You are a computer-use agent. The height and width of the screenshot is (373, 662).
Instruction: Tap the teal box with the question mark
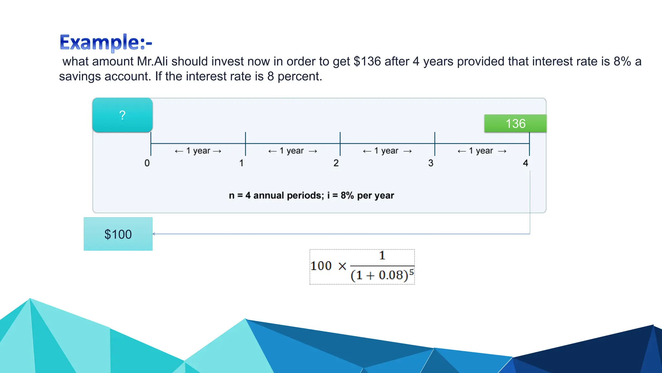(x=122, y=115)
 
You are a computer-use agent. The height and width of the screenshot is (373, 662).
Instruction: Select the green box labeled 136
(x=515, y=123)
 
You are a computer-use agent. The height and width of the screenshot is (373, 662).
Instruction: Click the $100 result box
(x=118, y=234)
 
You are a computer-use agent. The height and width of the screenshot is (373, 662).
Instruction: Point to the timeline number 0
(x=147, y=163)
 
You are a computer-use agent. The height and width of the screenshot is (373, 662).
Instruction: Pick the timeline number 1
(x=241, y=163)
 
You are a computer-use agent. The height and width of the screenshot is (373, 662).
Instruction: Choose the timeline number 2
(x=336, y=163)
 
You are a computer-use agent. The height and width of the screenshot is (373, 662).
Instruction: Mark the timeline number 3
(x=431, y=163)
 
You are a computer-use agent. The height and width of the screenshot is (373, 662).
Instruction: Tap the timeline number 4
(x=526, y=163)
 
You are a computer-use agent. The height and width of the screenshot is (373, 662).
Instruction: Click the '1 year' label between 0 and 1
(x=198, y=151)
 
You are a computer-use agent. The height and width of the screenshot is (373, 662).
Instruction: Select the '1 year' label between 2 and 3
(x=387, y=151)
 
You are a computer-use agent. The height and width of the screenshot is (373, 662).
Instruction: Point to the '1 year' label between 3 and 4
(x=481, y=151)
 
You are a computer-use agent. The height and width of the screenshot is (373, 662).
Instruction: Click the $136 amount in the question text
(x=367, y=62)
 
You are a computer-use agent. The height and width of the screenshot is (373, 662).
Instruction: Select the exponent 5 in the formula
(x=411, y=272)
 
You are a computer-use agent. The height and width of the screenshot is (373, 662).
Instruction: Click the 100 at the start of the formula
(x=321, y=266)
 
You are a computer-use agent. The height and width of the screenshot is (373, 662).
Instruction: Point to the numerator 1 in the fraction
(x=382, y=255)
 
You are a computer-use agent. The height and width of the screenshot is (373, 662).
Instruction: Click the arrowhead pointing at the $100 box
(x=154, y=234)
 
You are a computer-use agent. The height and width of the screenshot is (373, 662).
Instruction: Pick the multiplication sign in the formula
(x=342, y=266)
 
